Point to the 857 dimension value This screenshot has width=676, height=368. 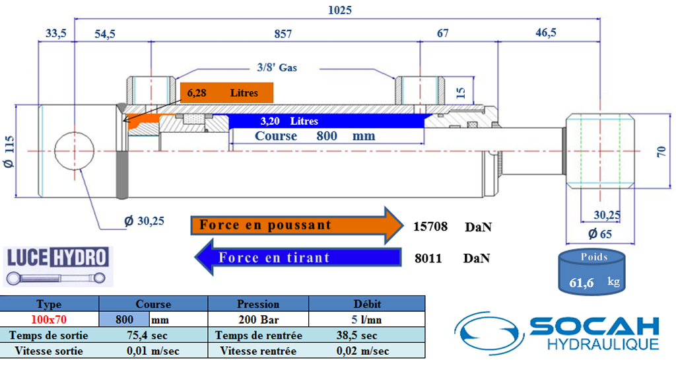click(x=283, y=34)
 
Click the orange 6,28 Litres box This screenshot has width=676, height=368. click(x=226, y=92)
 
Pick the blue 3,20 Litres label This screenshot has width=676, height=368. click(x=289, y=122)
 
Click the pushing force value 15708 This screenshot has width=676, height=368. click(x=430, y=227)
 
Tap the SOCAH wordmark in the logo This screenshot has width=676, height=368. click(x=594, y=326)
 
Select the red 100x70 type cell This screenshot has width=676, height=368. click(x=49, y=320)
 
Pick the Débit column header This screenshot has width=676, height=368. click(x=366, y=305)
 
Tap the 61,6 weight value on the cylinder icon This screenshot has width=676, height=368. click(x=582, y=283)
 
